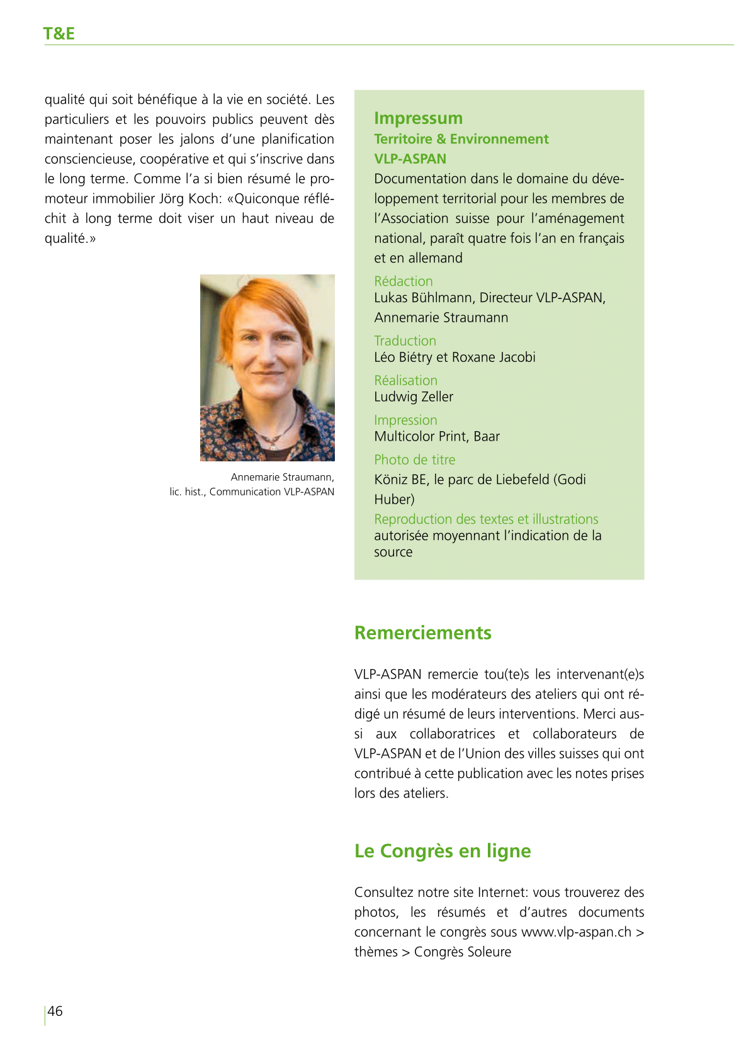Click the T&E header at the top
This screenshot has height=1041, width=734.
tap(59, 33)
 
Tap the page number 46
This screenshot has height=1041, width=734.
tap(55, 1011)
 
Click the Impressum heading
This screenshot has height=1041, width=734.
tap(418, 118)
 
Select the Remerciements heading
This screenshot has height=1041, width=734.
tap(422, 633)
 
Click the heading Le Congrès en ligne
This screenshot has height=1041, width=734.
tap(443, 851)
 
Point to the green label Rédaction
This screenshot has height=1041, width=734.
tap(404, 281)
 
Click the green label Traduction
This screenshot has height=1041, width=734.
tap(405, 340)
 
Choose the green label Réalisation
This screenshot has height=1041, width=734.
tap(405, 380)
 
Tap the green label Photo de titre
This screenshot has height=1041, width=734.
tap(414, 459)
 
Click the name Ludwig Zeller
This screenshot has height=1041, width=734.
tap(414, 397)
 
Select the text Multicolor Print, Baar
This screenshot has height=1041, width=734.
tap(437, 436)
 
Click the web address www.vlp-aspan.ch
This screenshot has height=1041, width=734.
tap(576, 932)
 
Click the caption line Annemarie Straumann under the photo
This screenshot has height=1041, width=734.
tap(282, 477)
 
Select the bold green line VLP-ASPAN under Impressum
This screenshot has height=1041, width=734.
tap(410, 159)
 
